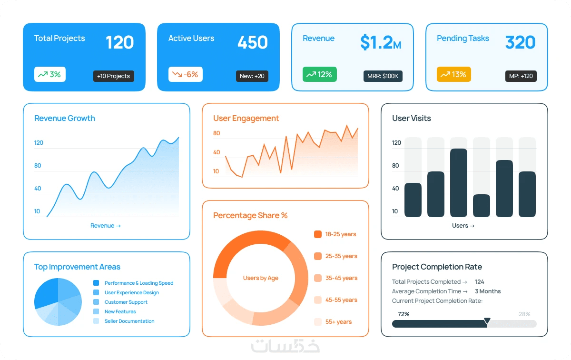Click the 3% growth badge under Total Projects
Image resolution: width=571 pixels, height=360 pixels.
(49, 74)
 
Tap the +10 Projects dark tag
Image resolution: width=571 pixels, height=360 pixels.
(113, 76)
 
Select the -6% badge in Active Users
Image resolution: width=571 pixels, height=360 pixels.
(185, 74)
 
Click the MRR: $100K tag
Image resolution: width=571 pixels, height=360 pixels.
(383, 76)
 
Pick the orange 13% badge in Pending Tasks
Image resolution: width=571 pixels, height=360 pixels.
(454, 74)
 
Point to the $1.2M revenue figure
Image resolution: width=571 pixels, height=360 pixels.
(381, 42)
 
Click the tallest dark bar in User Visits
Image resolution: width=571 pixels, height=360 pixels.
(459, 183)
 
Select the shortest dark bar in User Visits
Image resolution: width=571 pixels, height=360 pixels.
(481, 206)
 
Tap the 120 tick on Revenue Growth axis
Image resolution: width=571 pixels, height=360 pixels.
(39, 143)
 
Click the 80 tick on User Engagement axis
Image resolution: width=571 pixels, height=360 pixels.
(217, 133)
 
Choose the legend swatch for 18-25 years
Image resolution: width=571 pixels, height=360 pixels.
(318, 234)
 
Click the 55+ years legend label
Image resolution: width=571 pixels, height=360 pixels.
(338, 322)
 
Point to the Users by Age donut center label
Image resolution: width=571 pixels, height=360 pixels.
(261, 278)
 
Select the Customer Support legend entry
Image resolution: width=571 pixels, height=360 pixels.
(126, 302)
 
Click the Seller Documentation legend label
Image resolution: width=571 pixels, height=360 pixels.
(129, 321)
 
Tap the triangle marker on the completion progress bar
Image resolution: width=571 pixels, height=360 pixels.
(487, 320)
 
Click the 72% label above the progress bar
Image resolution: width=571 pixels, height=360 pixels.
(404, 314)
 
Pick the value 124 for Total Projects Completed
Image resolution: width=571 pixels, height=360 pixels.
(479, 282)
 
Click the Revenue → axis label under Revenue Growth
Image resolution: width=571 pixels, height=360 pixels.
(106, 226)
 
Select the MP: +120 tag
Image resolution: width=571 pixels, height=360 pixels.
(521, 76)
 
